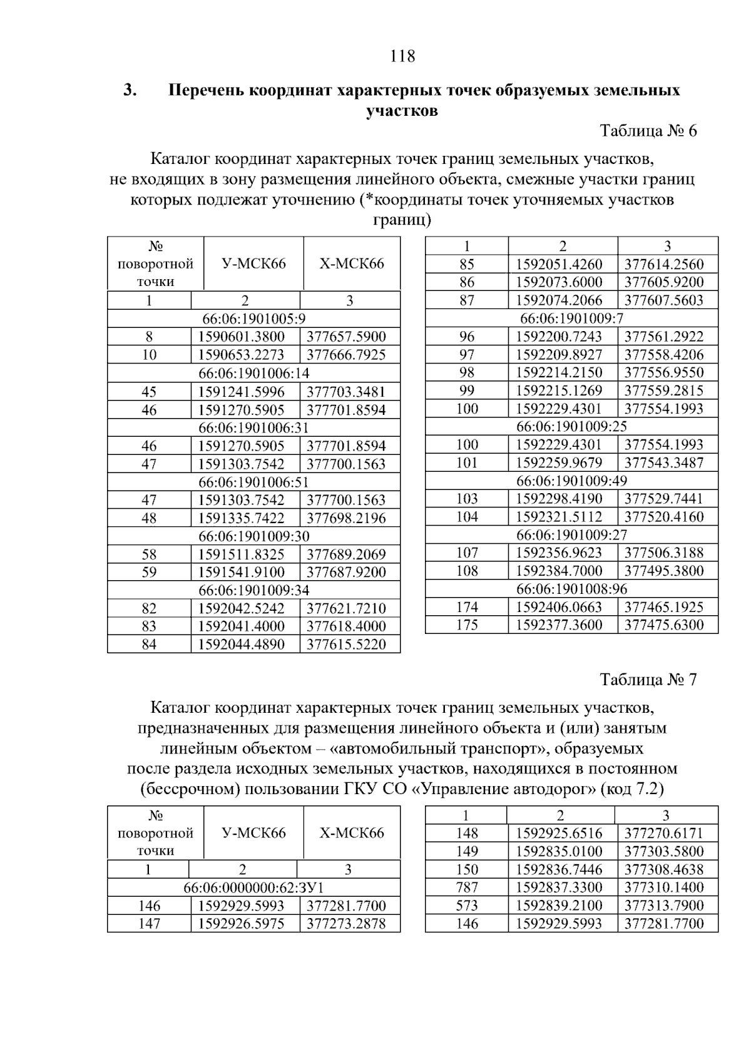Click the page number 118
click(402, 56)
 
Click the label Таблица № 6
click(648, 131)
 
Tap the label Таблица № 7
click(648, 680)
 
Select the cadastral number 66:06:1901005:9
click(253, 319)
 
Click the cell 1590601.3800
click(241, 337)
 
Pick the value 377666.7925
click(346, 355)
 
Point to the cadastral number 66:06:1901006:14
click(253, 373)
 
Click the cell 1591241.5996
click(241, 392)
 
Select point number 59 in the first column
click(149, 572)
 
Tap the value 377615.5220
click(346, 645)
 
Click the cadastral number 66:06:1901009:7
click(571, 319)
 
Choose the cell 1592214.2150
click(559, 372)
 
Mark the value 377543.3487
click(664, 463)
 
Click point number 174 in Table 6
click(467, 607)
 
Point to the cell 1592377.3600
click(559, 625)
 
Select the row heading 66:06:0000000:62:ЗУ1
click(253, 887)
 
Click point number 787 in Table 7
click(467, 887)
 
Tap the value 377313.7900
click(664, 906)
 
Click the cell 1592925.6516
click(559, 834)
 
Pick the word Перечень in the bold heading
click(207, 91)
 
